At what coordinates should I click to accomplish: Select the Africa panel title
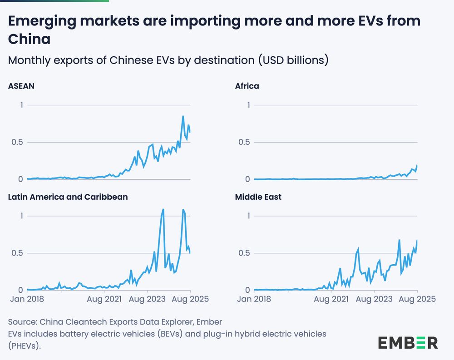click(x=247, y=86)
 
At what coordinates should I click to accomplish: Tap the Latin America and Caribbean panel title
click(x=68, y=197)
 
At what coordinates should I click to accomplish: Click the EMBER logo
click(x=408, y=342)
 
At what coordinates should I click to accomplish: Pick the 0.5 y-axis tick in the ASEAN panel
click(x=17, y=142)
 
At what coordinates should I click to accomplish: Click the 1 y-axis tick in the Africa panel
click(x=248, y=105)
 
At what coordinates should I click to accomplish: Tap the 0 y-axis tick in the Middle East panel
click(x=248, y=290)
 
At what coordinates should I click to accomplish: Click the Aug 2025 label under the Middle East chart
click(x=416, y=299)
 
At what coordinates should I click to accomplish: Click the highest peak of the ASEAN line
click(x=183, y=116)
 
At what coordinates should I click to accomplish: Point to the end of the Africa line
click(x=417, y=165)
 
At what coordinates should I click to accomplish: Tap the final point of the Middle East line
click(x=417, y=240)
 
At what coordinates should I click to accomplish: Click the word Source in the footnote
click(x=22, y=322)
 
